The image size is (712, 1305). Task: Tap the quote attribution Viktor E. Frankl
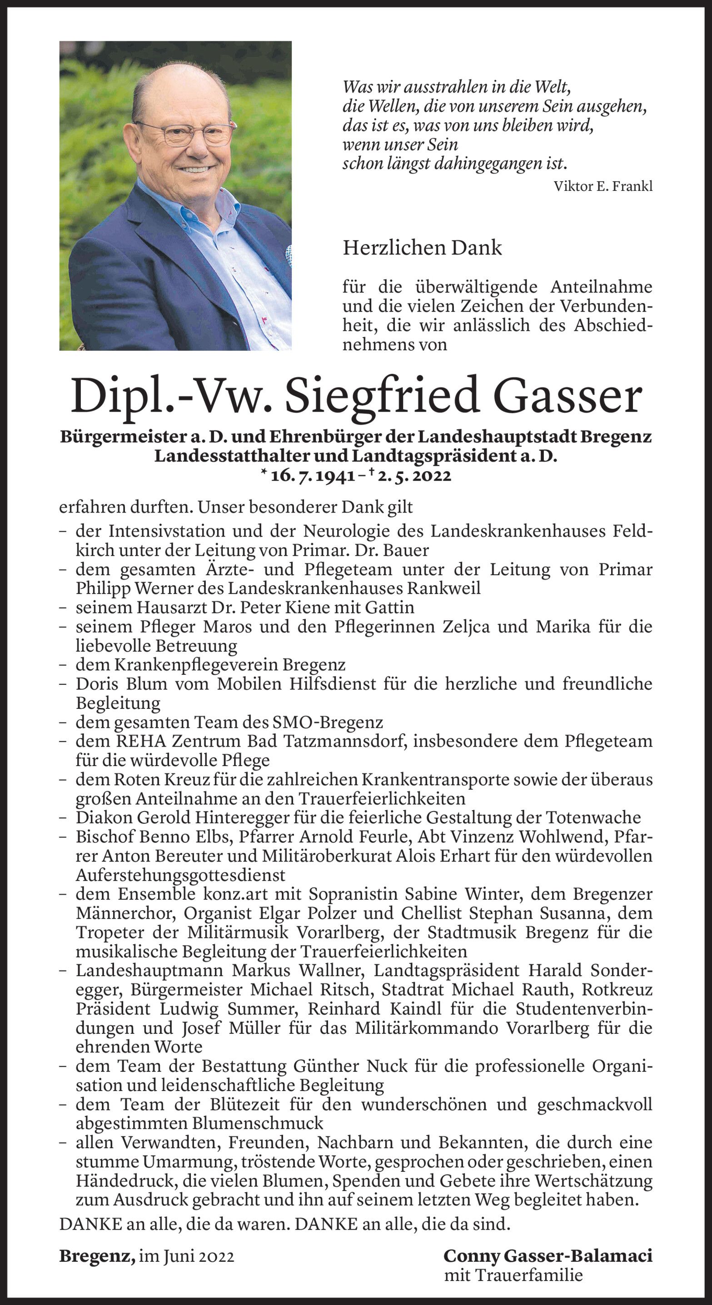(x=603, y=186)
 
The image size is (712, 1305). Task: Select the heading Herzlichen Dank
(x=422, y=248)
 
